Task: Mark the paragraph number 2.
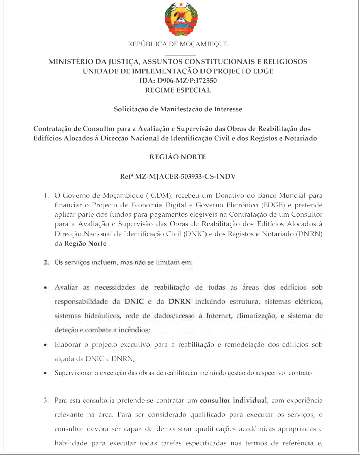point(46,262)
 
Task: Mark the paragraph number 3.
point(46,401)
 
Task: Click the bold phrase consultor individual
point(233,401)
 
